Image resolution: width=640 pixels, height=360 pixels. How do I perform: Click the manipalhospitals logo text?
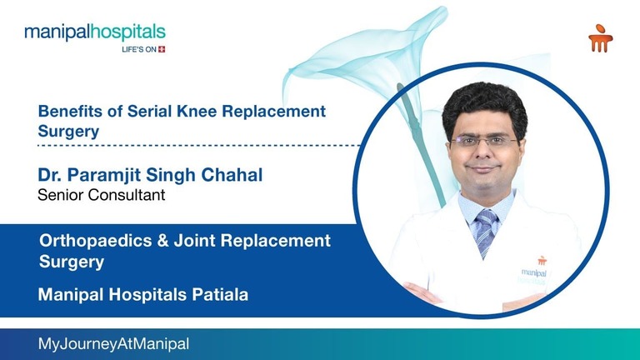pos(94,32)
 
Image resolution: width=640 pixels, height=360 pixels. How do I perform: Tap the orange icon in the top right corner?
pos(598,38)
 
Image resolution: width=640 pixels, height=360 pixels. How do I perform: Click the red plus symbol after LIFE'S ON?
pos(162,49)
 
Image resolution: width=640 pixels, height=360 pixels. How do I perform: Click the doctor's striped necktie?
pos(485,230)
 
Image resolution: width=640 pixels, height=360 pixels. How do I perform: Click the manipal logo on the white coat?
pos(532,270)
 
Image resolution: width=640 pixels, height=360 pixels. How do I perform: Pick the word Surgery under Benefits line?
pos(68,131)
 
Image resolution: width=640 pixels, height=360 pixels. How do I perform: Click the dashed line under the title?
pos(200,145)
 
